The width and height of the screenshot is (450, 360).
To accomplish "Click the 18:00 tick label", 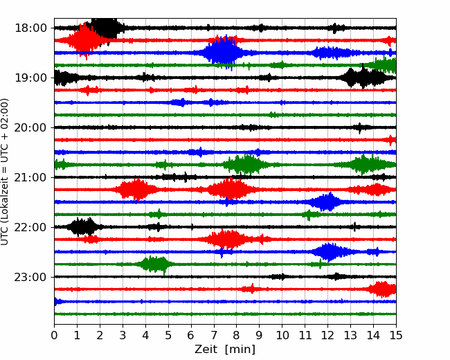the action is pyautogui.click(x=30, y=28).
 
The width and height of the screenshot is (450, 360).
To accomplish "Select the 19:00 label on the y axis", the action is pyautogui.click(x=30, y=78).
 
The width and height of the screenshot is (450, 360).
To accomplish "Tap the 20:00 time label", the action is pyautogui.click(x=30, y=127).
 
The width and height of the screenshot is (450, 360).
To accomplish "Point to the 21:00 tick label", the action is pyautogui.click(x=30, y=177).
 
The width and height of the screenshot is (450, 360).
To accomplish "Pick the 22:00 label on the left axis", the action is pyautogui.click(x=30, y=227).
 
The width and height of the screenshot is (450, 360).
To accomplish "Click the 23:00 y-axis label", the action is pyautogui.click(x=30, y=277).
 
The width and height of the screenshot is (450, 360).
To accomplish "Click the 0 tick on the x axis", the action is pyautogui.click(x=54, y=335).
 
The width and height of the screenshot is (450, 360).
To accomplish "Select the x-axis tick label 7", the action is pyautogui.click(x=213, y=335).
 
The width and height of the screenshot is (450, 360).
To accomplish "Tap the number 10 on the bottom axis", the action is pyautogui.click(x=282, y=335).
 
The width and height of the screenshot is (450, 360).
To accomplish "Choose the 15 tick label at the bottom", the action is pyautogui.click(x=396, y=335).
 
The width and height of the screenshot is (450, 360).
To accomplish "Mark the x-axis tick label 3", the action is pyautogui.click(x=123, y=335).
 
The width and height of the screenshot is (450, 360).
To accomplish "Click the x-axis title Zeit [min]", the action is pyautogui.click(x=225, y=350).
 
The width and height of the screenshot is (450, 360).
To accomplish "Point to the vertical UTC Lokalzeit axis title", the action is pyautogui.click(x=5, y=172).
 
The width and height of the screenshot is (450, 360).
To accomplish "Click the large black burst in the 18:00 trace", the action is pyautogui.click(x=105, y=28).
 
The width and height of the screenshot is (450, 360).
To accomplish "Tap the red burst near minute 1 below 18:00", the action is pyautogui.click(x=84, y=40).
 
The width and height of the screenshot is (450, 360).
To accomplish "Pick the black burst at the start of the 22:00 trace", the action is pyautogui.click(x=83, y=227).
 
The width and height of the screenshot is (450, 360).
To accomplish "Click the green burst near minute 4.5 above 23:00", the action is pyautogui.click(x=155, y=264).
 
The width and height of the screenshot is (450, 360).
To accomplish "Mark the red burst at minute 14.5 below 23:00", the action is pyautogui.click(x=381, y=289).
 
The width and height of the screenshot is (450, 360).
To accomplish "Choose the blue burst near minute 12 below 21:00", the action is pyautogui.click(x=326, y=202).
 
